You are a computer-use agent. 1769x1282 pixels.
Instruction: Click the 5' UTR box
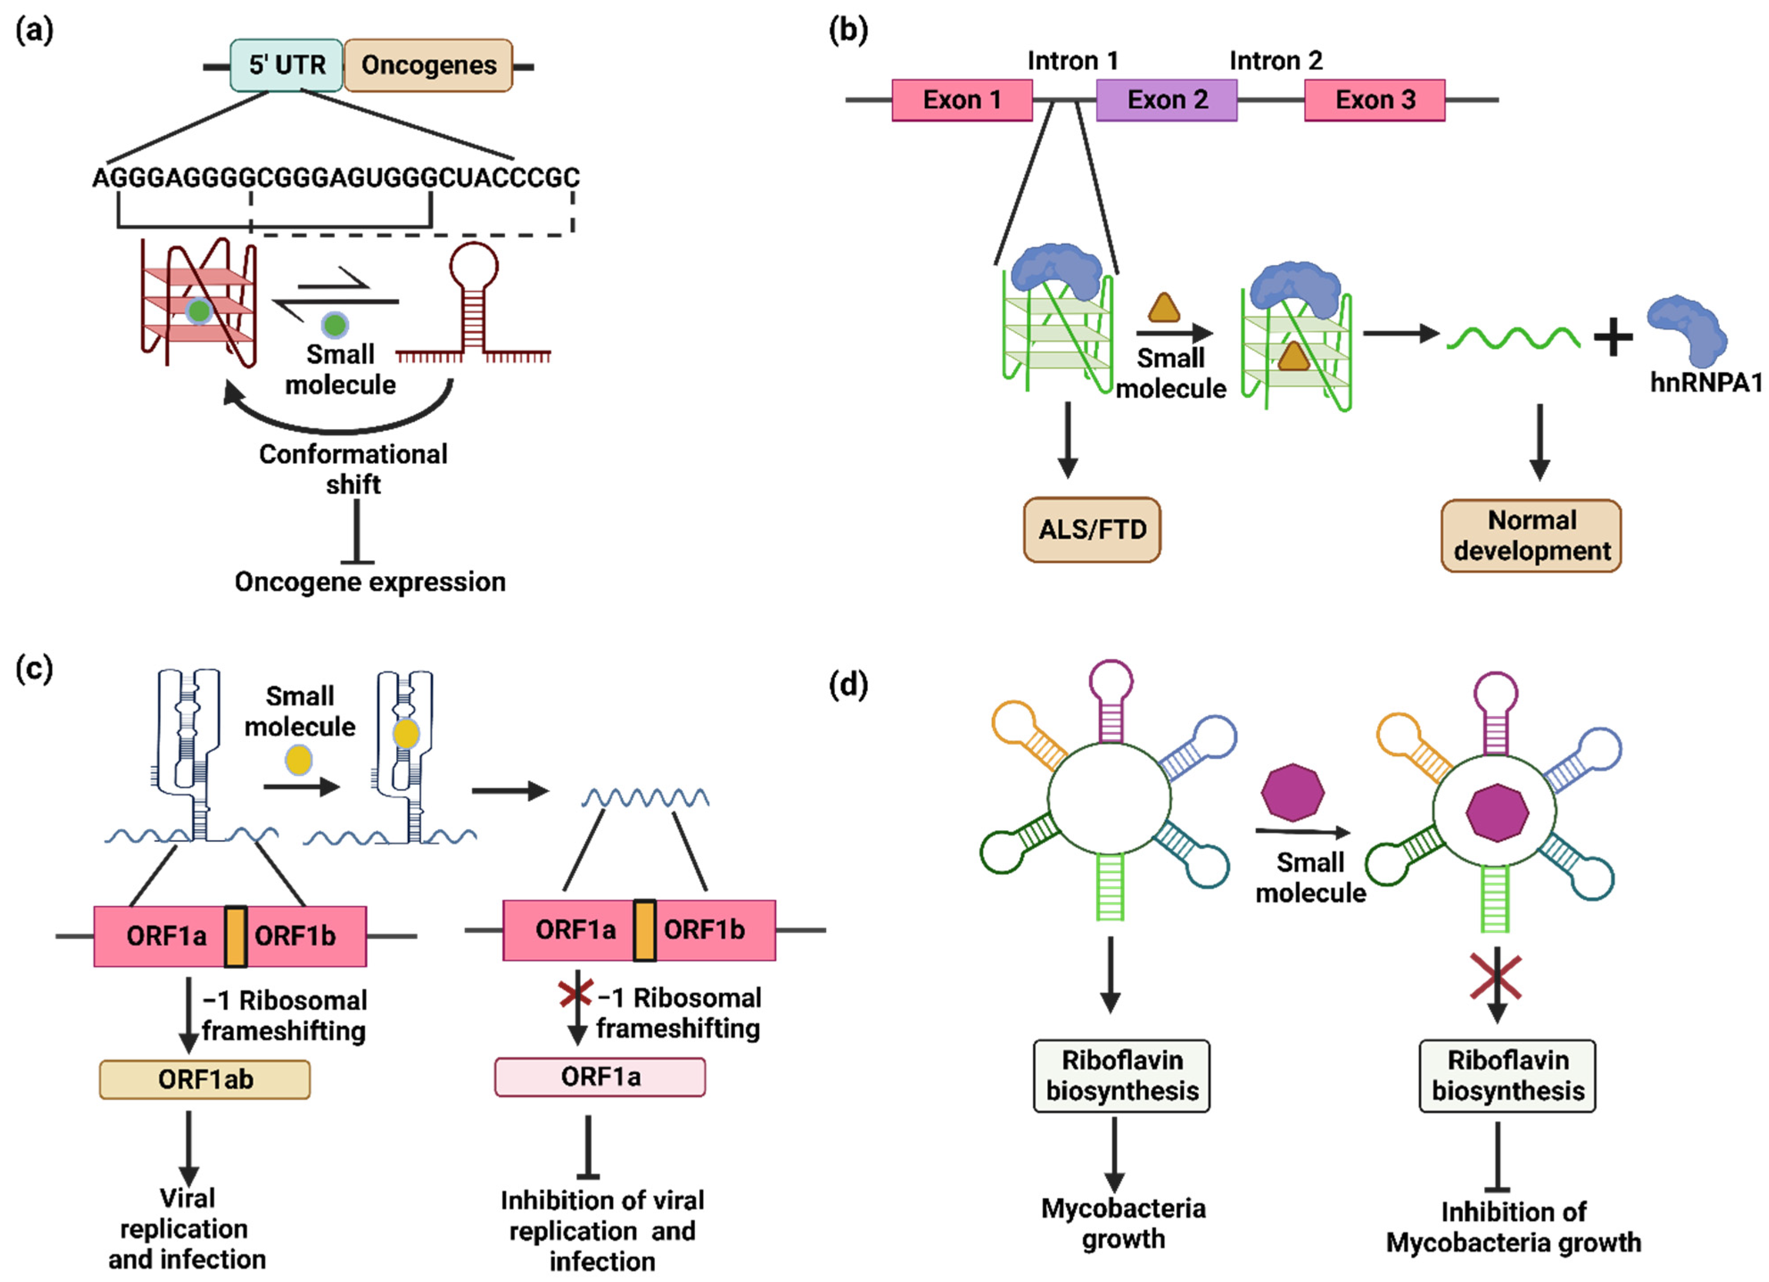click(286, 66)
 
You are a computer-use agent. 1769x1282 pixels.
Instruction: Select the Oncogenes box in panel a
click(428, 66)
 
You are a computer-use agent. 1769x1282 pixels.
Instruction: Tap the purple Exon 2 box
click(1166, 100)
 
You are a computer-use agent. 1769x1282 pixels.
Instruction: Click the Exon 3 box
click(1374, 100)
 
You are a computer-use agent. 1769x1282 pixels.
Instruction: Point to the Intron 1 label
click(1073, 60)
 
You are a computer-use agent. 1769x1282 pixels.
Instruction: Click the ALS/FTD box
click(1091, 530)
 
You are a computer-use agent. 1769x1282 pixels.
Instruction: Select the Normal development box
click(1531, 536)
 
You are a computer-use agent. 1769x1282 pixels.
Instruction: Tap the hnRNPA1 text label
click(1706, 383)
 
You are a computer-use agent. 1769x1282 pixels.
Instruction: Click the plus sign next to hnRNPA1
click(1613, 339)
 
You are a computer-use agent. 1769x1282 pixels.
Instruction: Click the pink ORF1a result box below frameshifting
click(600, 1077)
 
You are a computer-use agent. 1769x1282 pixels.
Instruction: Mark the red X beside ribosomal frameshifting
click(576, 994)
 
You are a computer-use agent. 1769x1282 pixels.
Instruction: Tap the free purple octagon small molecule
click(1292, 792)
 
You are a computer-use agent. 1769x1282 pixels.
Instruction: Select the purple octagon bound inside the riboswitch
click(1496, 813)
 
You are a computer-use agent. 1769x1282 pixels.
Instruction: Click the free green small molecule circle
click(335, 324)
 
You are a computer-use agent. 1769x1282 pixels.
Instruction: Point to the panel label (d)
click(848, 684)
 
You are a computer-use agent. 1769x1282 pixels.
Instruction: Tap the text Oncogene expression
click(370, 582)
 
